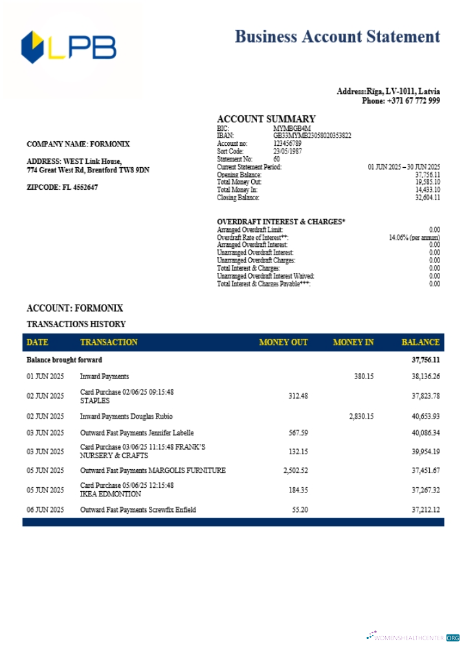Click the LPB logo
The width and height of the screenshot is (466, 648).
point(69,48)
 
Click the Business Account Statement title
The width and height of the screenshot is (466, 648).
point(337,36)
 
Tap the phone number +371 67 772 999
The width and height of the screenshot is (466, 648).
point(414,100)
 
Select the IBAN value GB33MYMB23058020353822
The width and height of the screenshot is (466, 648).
point(312,135)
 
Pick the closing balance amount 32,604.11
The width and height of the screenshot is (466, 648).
point(427,198)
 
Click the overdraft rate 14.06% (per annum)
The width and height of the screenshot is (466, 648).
point(414,237)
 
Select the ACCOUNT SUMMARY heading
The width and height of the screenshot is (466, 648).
point(266,119)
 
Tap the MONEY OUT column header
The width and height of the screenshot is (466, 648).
point(283,342)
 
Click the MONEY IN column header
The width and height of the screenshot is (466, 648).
point(353,342)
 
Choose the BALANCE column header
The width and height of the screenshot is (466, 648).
point(420,342)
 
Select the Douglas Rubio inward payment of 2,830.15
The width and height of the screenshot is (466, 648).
point(361,416)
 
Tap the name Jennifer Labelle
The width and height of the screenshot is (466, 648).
point(170,432)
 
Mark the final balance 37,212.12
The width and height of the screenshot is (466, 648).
point(426,510)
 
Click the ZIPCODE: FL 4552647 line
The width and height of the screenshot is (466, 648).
point(62,187)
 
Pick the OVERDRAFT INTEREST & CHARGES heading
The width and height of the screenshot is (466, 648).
point(281,222)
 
